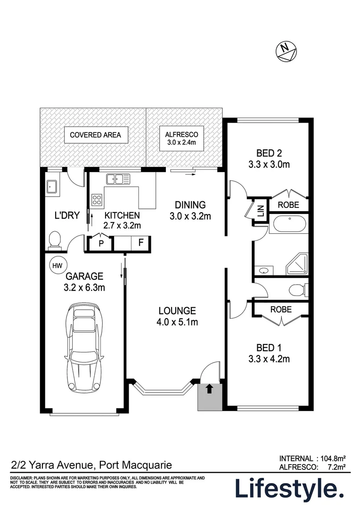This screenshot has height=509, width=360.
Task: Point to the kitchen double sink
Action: click(118, 179)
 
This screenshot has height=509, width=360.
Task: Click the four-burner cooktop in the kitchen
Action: click(97, 200)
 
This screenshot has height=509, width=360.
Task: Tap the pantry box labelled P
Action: click(100, 244)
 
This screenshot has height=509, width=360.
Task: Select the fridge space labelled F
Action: click(140, 244)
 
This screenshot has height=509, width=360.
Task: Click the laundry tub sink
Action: click(51, 187)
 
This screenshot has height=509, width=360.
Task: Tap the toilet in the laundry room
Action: click(54, 239)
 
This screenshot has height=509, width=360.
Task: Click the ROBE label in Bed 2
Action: click(287, 205)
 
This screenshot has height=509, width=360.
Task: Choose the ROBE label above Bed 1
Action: click(281, 310)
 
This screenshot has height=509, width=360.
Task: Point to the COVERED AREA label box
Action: click(95, 135)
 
